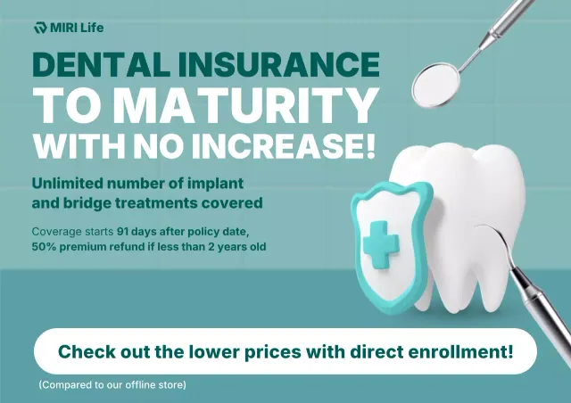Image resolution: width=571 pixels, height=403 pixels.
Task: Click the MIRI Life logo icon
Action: tap(39, 28)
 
